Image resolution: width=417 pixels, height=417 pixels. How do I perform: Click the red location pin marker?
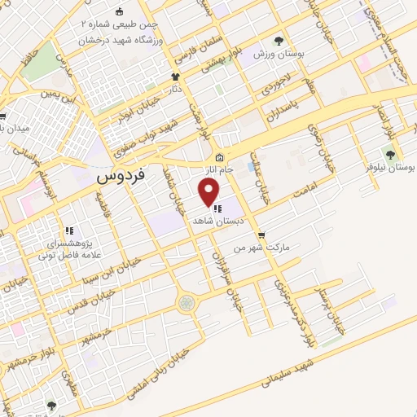(x=209, y=192)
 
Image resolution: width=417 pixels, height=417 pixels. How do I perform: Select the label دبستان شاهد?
(x=214, y=221)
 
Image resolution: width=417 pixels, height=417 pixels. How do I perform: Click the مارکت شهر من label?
(x=262, y=246)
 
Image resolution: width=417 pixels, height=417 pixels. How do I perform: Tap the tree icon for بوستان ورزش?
(x=279, y=39)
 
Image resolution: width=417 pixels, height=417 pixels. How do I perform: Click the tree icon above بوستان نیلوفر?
(x=390, y=153)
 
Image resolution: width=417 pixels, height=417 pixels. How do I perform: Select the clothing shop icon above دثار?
(x=174, y=77)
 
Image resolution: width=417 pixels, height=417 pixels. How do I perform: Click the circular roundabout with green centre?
(x=186, y=303)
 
